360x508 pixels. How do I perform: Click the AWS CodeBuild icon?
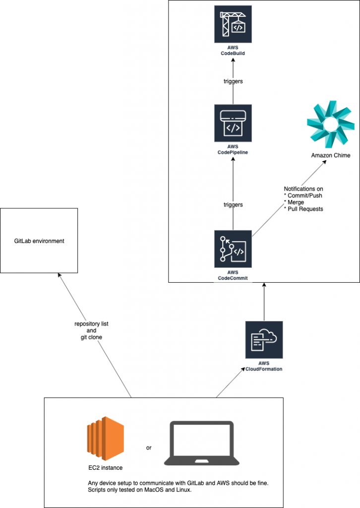click(233, 24)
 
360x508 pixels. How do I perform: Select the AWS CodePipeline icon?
click(233, 123)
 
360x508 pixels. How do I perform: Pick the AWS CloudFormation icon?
click(264, 340)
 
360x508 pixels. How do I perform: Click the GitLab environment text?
click(39, 241)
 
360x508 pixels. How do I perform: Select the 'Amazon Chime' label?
click(330, 155)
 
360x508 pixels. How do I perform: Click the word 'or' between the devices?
click(149, 447)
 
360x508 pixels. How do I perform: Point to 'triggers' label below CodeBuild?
click(233, 81)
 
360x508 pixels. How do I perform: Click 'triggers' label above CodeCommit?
click(233, 204)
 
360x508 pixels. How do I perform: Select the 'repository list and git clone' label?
click(91, 330)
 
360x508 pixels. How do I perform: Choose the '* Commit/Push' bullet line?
click(303, 196)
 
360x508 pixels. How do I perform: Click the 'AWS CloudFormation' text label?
click(264, 366)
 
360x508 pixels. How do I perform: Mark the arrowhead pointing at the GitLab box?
click(60, 275)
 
